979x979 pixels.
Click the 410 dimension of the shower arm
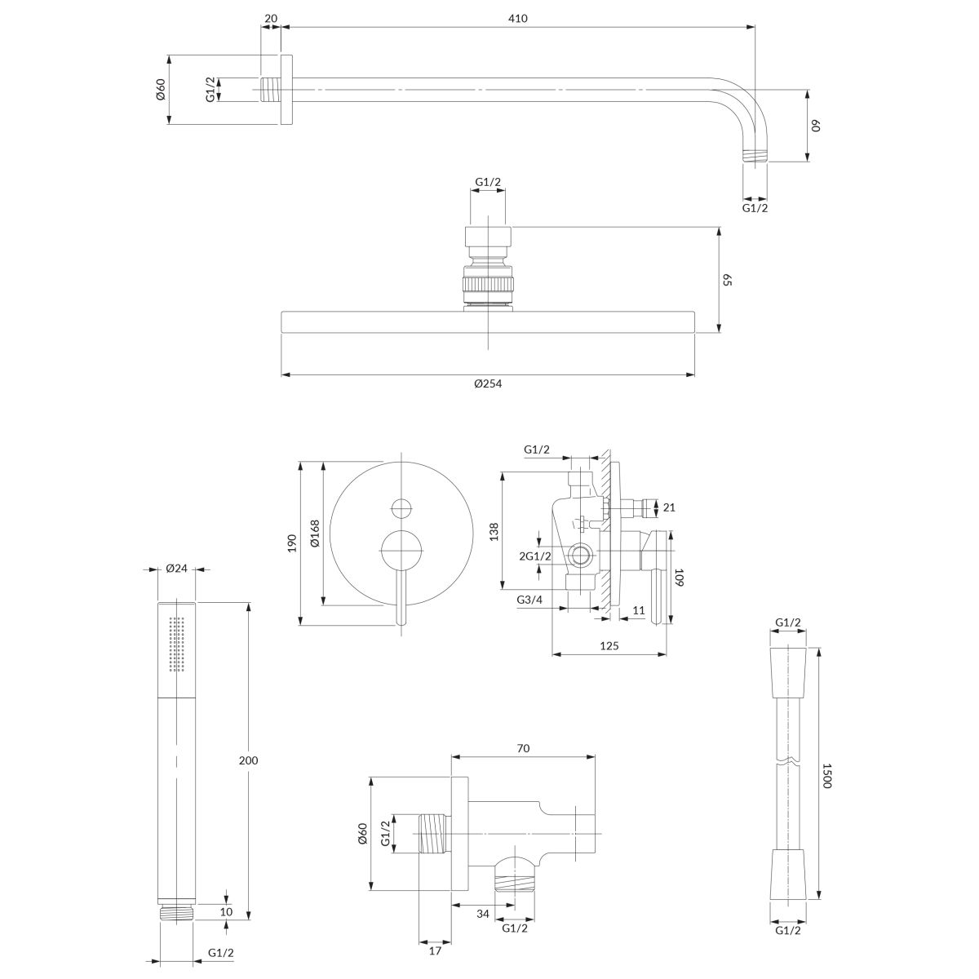(517, 19)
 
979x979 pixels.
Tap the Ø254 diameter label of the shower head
(488, 384)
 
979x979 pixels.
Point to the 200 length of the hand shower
(249, 760)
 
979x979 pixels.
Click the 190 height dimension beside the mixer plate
(291, 544)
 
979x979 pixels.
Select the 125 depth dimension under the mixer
(609, 645)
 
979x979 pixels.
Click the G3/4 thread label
(529, 600)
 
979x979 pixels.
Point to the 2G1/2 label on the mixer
(535, 556)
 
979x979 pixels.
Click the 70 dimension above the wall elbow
(523, 747)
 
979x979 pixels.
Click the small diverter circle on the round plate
(401, 507)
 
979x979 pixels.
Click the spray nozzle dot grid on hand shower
(177, 645)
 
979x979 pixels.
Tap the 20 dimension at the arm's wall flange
(270, 19)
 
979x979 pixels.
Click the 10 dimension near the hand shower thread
(226, 911)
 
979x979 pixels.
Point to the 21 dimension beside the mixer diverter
(669, 507)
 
